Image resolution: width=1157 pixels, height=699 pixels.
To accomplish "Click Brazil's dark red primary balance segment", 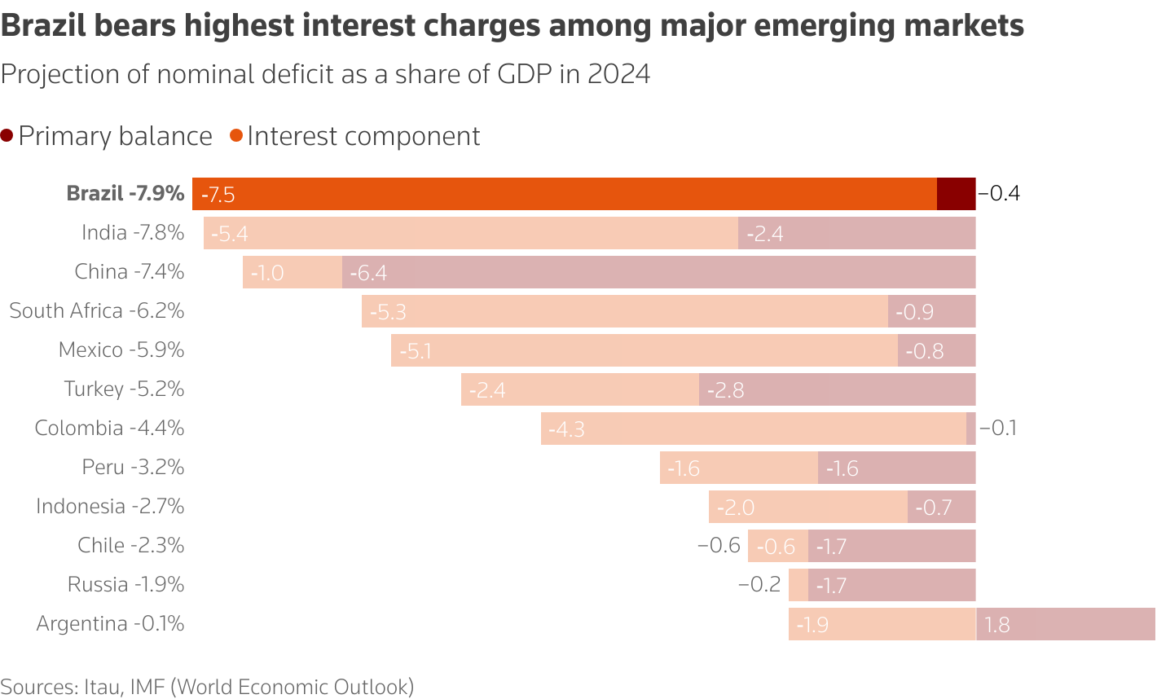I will pos(956,194).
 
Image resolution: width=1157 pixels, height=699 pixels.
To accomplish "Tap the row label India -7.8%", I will pos(133,233).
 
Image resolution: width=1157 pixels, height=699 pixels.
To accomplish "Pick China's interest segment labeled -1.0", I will pos(292,272).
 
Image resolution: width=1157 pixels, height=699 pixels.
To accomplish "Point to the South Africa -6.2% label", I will pos(97,311).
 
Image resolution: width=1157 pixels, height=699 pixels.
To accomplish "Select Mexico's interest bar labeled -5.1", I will pos(644,350).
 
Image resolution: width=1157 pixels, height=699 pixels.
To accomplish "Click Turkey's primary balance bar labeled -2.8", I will pos(837,389).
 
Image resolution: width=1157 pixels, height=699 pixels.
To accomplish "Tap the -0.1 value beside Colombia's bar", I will pos(998,429).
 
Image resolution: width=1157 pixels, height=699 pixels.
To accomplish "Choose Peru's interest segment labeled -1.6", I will pos(738,468).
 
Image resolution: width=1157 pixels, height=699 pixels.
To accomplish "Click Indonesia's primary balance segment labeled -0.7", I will pos(941,507).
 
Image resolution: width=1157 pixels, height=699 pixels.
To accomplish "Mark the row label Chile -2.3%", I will pos(131,546).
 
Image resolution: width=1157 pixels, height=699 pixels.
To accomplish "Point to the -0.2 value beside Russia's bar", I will pos(759,585).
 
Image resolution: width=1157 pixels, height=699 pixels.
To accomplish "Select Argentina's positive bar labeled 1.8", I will pos(1065,624).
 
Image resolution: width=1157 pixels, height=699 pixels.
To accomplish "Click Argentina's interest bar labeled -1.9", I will pos(882,624).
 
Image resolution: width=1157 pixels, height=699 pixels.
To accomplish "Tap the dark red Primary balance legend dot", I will pos(7,136).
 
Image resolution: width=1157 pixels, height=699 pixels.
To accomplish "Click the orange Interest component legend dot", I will pos(236,136).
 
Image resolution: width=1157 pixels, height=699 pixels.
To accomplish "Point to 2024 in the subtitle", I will pos(618,74).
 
